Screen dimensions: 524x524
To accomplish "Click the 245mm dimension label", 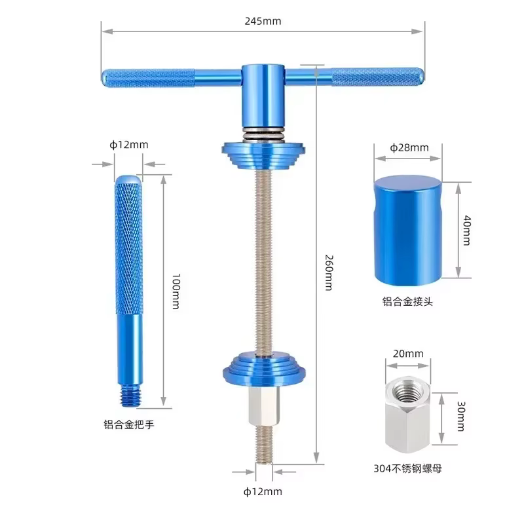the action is (263, 22).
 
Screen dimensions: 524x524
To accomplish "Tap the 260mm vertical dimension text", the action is (329, 272).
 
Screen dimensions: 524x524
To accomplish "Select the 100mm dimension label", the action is (176, 291).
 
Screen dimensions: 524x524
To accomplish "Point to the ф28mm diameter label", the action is (409, 147).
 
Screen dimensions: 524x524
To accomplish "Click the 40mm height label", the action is (467, 231).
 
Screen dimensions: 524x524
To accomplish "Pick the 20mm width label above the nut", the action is (407, 354).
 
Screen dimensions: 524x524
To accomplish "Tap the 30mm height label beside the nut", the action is (461, 416).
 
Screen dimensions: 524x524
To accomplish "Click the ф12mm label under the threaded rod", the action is (263, 492).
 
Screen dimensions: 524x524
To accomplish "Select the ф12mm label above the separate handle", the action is (128, 145).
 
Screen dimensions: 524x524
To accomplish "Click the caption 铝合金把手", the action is (128, 424).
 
